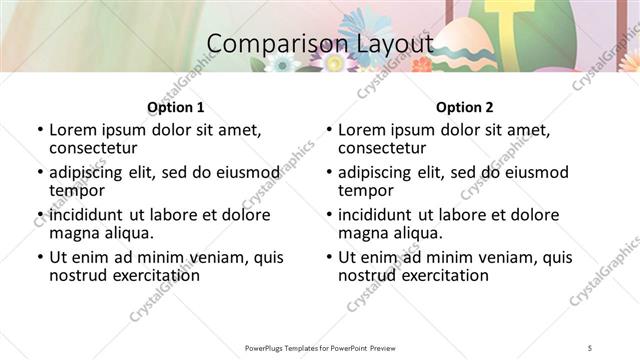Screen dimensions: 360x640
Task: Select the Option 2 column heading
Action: [464, 107]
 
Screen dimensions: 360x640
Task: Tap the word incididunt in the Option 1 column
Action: [90, 215]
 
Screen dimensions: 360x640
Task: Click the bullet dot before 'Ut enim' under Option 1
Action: [39, 258]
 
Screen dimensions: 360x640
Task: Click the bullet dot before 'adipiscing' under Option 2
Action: [328, 173]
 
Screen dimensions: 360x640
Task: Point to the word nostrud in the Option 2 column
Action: [367, 274]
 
